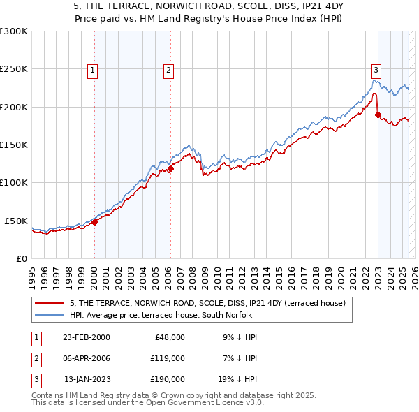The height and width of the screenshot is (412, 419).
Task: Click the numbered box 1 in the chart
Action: pos(93,69)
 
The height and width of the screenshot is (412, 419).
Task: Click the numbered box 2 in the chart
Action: pos(169,69)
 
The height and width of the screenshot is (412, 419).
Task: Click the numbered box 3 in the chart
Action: pos(376,69)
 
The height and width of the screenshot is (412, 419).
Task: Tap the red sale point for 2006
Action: pos(170,168)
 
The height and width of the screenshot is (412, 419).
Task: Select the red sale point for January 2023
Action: pos(378,115)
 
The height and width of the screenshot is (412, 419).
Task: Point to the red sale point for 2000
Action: pos(95,222)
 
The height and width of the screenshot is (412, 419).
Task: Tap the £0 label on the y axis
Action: pos(21,258)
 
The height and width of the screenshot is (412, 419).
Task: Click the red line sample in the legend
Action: pos(49,303)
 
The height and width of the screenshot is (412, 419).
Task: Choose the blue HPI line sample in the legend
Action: pos(49,315)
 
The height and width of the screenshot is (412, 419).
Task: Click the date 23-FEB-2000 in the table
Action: pos(86,337)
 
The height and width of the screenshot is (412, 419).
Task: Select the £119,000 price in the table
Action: pos(167,358)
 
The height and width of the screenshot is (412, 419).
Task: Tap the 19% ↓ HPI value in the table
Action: pos(240,379)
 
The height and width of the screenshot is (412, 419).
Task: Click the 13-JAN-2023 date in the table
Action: pos(87,379)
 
